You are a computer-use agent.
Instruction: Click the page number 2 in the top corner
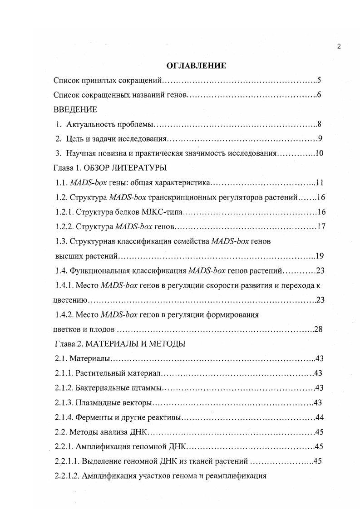339,46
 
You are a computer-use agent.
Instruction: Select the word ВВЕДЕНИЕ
75,109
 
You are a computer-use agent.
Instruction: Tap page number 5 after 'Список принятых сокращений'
320,81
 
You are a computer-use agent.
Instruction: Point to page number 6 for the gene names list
320,95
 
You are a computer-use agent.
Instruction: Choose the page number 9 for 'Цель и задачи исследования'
320,139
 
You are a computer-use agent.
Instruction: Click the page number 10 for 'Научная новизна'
319,153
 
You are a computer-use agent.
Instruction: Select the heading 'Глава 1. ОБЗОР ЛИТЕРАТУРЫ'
110,168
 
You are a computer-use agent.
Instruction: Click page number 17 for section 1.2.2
321,226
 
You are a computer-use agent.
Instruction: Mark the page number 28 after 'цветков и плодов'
318,329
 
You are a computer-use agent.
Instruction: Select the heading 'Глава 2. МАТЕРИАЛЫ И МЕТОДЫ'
119,344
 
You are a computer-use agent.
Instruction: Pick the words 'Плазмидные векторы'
113,403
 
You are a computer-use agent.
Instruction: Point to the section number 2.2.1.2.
68,476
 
